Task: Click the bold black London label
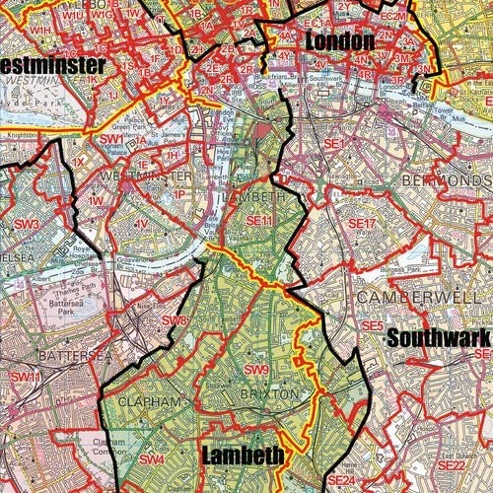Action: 340,41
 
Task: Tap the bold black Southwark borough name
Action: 437,337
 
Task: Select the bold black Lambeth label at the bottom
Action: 243,456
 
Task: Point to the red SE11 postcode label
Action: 259,221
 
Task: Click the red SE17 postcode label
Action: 363,225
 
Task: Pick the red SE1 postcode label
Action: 337,144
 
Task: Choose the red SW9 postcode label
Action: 256,370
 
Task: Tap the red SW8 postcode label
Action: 175,320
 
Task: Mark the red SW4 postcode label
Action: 152,459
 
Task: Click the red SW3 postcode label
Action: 27,225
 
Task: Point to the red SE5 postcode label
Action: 372,324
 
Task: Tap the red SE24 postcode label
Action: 341,480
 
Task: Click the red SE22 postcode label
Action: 451,464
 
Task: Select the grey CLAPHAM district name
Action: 151,402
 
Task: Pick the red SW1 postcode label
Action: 111,140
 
